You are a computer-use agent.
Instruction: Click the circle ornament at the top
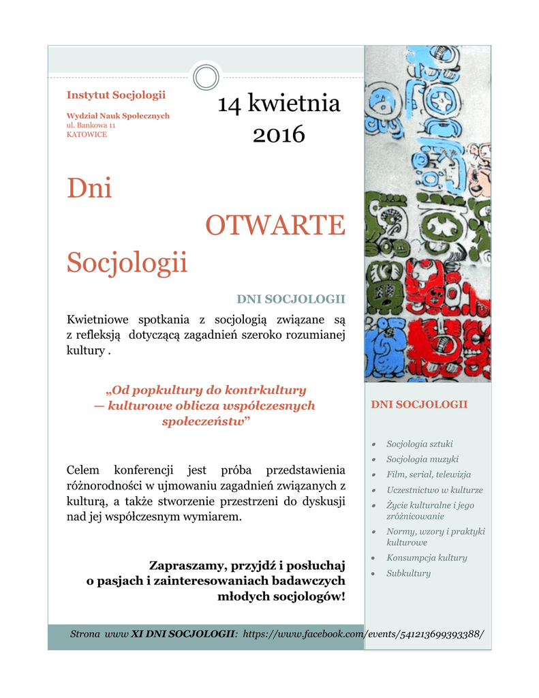click(206, 77)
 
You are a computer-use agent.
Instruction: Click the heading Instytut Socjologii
click(116, 95)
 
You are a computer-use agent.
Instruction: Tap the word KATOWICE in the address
click(87, 134)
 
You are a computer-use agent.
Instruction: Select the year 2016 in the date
click(279, 134)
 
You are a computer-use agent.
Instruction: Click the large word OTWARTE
click(275, 225)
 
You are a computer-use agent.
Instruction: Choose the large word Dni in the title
click(89, 187)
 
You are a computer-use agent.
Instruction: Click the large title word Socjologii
click(127, 262)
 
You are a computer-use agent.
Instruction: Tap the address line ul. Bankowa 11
click(91, 125)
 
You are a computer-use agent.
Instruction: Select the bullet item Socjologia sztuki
click(419, 444)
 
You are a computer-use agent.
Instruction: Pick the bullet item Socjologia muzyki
click(422, 459)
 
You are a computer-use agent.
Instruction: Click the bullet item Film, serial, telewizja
click(429, 474)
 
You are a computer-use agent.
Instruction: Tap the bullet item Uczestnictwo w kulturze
click(434, 490)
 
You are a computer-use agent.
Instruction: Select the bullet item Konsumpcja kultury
click(427, 558)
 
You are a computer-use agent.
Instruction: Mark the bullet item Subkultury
click(408, 573)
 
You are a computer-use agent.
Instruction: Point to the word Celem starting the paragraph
click(83, 470)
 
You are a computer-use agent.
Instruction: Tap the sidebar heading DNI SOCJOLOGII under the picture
click(419, 404)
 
